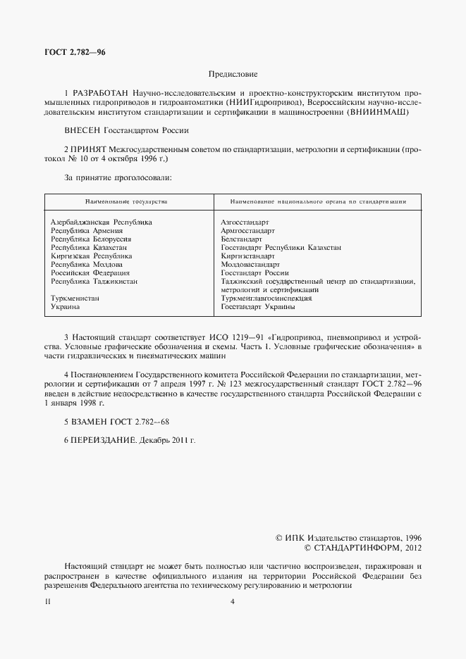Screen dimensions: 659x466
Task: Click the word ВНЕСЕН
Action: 82,130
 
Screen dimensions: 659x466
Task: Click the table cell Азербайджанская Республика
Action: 102,222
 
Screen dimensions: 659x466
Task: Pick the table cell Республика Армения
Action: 87,231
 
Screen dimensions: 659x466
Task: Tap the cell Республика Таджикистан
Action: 94,282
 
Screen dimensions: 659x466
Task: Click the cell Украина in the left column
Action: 65,307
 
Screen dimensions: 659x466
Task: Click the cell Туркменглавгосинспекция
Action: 266,299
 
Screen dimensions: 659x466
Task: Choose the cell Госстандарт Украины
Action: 257,307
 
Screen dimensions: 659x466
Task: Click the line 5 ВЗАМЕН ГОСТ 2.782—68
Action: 117,421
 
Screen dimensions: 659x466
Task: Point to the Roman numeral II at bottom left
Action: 47,601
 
